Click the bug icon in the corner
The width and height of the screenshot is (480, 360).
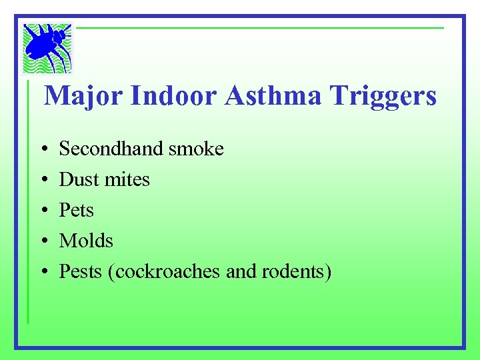(x=47, y=47)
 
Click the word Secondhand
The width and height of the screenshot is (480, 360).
(x=111, y=149)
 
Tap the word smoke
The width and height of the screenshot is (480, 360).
(x=196, y=149)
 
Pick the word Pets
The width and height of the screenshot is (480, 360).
(x=77, y=210)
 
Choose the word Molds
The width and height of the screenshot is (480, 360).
(x=86, y=241)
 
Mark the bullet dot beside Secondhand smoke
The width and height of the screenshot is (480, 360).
(x=42, y=149)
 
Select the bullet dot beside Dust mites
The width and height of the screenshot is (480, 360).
(x=42, y=180)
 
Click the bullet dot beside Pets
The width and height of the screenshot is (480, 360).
(x=42, y=211)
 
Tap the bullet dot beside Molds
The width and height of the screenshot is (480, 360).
(x=42, y=241)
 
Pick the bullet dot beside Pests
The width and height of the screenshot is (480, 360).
(x=42, y=272)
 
